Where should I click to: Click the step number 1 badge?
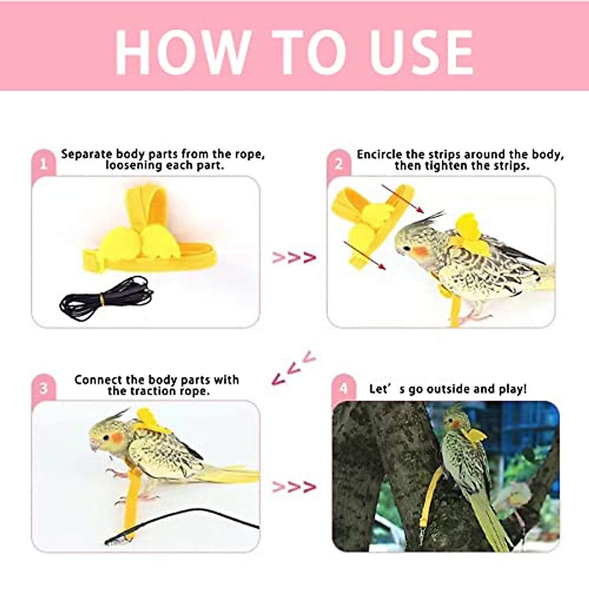pyautogui.click(x=43, y=163)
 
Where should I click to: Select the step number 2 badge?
pyautogui.click(x=339, y=163)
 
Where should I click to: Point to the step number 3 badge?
pyautogui.click(x=43, y=388)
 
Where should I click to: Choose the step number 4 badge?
pyautogui.click(x=343, y=388)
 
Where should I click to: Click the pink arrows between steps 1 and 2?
pyautogui.click(x=294, y=257)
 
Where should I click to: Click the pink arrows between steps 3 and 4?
pyautogui.click(x=294, y=487)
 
